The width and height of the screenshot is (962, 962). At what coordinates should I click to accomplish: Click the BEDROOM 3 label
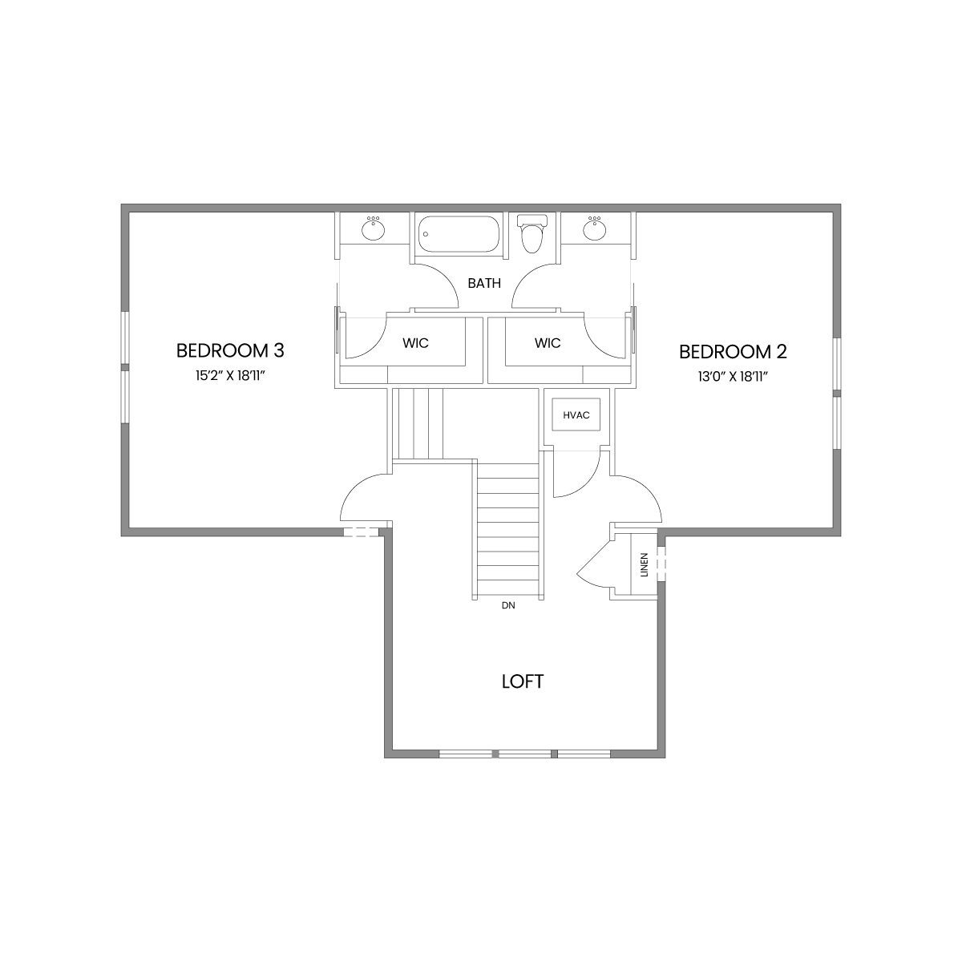[x=230, y=350]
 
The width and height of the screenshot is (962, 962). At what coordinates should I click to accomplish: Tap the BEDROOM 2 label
[x=733, y=352]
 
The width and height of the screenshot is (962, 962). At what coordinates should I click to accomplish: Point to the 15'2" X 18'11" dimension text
[x=229, y=376]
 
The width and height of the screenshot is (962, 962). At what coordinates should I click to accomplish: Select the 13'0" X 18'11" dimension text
[x=733, y=377]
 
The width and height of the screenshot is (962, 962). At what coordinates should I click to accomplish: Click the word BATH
[x=484, y=283]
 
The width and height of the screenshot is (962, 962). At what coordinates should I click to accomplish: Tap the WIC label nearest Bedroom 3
[x=415, y=343]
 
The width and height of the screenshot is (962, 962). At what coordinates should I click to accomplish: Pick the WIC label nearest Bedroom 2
[x=548, y=343]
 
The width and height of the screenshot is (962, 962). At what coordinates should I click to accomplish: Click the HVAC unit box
[x=576, y=414]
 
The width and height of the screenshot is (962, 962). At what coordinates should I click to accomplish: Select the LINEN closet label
[x=644, y=564]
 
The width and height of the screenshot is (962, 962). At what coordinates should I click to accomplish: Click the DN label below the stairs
[x=508, y=605]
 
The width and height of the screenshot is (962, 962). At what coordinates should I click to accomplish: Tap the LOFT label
[x=523, y=681]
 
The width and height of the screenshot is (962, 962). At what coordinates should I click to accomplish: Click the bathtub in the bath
[x=459, y=234]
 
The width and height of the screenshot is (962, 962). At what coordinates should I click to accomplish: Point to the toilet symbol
[x=532, y=233]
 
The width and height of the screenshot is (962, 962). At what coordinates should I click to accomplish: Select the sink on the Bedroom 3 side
[x=374, y=228]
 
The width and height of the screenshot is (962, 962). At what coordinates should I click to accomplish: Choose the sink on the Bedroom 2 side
[x=595, y=228]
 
